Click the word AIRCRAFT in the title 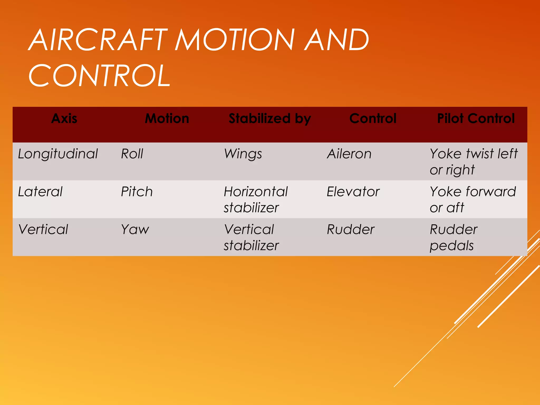click(x=98, y=40)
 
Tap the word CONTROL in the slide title click(x=100, y=76)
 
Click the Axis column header click(x=64, y=118)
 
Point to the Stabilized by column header click(x=270, y=118)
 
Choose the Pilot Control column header click(x=476, y=118)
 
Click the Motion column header click(x=167, y=118)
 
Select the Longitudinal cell click(x=58, y=154)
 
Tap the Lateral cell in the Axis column click(x=40, y=192)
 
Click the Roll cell click(x=132, y=154)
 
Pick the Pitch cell click(x=137, y=192)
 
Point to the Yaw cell click(x=135, y=229)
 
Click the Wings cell click(x=243, y=154)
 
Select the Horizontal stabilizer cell click(x=255, y=200)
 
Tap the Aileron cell click(x=349, y=154)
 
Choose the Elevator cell click(x=353, y=192)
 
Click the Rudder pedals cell click(x=454, y=237)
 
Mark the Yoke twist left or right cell click(x=474, y=162)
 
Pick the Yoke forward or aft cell click(x=472, y=200)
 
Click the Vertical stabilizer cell click(x=251, y=237)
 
